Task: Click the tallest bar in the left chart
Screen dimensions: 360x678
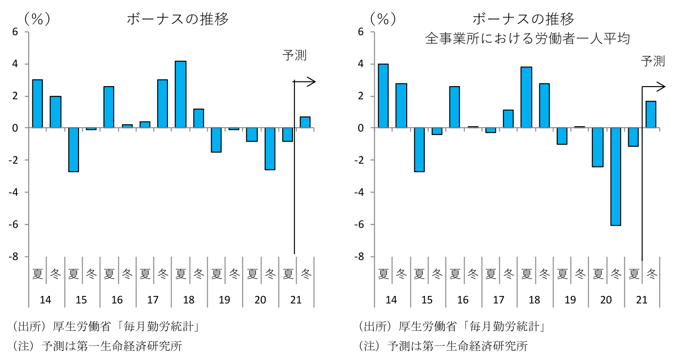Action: tap(181, 95)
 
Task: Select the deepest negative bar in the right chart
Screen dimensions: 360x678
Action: tap(615, 176)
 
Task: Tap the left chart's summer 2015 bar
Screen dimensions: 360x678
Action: tap(73, 150)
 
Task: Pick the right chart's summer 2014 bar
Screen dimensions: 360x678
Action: tap(383, 96)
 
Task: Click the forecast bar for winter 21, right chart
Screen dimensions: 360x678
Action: tap(651, 114)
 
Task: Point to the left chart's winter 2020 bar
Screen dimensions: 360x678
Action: tap(270, 149)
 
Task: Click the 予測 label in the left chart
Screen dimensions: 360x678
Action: tap(294, 55)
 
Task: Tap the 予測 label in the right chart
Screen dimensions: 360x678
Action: tap(653, 61)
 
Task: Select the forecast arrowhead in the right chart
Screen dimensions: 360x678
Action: tap(662, 87)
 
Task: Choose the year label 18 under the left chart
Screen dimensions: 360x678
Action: tap(189, 300)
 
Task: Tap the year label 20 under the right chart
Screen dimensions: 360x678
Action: tap(607, 300)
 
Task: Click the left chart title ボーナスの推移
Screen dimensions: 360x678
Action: tap(177, 19)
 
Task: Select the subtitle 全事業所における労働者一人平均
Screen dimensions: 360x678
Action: tap(527, 39)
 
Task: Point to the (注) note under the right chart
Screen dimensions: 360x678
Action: tap(442, 346)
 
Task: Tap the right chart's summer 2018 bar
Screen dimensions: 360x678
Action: tap(526, 97)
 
